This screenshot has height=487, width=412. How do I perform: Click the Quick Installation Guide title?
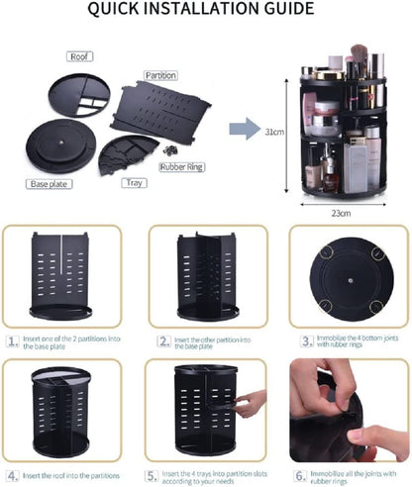tap(206, 9)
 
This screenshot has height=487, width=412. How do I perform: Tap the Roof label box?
tap(79, 56)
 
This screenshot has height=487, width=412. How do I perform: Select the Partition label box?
tap(159, 75)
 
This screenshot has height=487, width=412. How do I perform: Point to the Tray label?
tap(134, 183)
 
